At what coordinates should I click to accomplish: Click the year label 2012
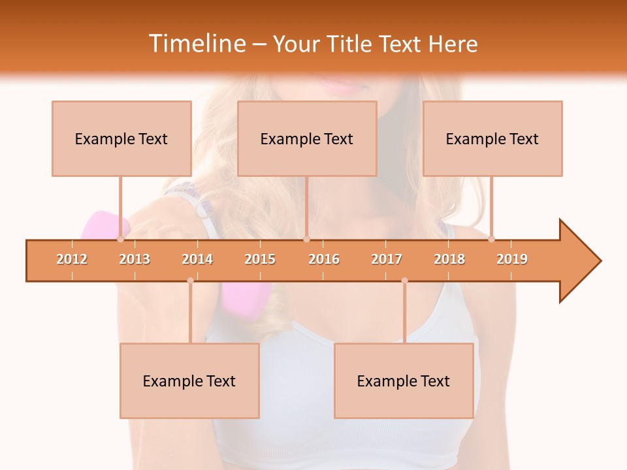click(x=72, y=259)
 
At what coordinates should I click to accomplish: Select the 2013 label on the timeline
click(x=135, y=259)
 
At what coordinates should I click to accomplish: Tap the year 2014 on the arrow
click(x=197, y=259)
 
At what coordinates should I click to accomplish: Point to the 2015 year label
click(x=260, y=259)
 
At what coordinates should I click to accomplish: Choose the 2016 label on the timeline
click(x=324, y=259)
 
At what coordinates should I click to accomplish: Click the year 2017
click(x=387, y=259)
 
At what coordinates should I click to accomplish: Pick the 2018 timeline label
click(x=449, y=259)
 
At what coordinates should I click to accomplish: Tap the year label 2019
click(x=512, y=259)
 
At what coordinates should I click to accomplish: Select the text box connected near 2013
click(x=121, y=138)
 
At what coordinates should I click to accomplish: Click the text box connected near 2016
click(x=307, y=138)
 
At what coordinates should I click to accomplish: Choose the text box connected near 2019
click(x=492, y=138)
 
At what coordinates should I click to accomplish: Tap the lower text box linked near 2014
click(x=189, y=381)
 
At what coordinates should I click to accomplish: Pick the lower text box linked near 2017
click(x=404, y=381)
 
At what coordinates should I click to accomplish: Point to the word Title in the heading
click(x=348, y=44)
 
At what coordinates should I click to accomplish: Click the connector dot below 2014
click(x=190, y=281)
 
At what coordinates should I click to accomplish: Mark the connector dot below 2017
click(x=404, y=281)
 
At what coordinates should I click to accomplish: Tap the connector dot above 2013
click(x=121, y=240)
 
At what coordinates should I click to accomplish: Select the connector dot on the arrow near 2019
click(x=491, y=240)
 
